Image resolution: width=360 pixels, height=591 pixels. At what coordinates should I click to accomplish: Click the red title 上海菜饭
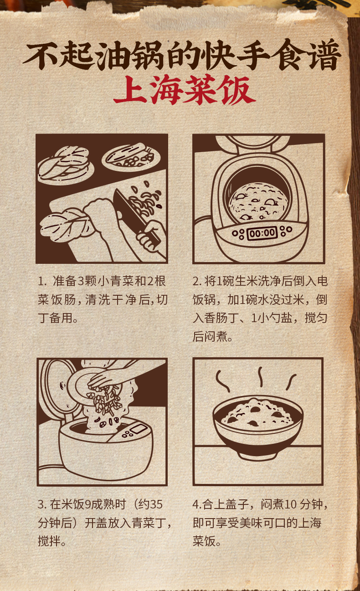coord(184,90)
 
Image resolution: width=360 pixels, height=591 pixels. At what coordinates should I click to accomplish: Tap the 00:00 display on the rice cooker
coord(262,233)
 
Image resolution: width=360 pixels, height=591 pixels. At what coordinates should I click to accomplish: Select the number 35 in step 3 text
coord(156,504)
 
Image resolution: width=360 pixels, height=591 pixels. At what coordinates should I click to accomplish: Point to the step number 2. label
coord(196,281)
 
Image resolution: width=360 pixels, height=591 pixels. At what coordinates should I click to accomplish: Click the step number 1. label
coord(42,281)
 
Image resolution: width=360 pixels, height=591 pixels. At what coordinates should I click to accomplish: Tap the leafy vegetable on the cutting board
coord(65,224)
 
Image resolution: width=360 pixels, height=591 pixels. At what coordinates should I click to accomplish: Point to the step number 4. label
coord(197,504)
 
